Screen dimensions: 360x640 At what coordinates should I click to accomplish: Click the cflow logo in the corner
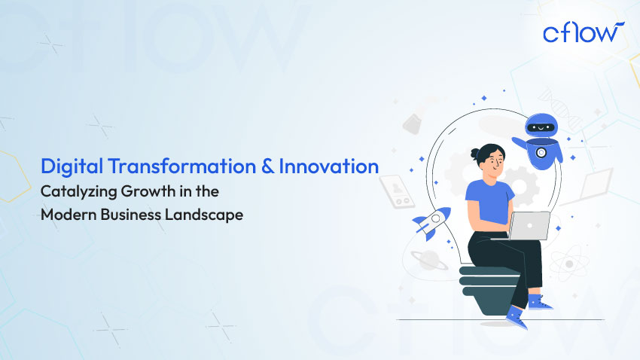[582, 32]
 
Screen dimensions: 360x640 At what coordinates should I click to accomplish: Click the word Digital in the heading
[69, 166]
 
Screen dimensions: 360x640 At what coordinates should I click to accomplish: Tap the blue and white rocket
[431, 222]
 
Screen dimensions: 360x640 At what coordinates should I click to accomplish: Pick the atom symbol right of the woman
[565, 264]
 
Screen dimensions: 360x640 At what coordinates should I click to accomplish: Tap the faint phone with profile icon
[394, 191]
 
